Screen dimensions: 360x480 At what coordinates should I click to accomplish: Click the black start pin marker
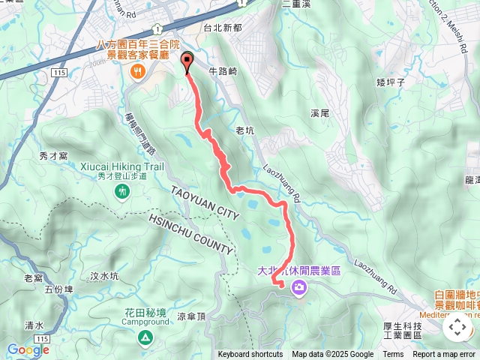pos(187,61)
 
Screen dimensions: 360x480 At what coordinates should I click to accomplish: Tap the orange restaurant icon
pos(137,72)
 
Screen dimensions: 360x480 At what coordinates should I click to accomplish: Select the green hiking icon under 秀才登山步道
pos(123,193)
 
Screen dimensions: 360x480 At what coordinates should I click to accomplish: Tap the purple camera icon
pos(299,287)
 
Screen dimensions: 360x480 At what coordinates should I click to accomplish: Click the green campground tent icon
pos(144,340)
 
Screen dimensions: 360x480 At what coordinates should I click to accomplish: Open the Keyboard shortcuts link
pos(250,355)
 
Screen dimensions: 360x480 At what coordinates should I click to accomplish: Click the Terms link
pos(393,355)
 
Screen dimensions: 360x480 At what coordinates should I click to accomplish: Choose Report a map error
pos(444,355)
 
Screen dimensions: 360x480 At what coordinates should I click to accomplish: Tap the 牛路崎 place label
pos(223,71)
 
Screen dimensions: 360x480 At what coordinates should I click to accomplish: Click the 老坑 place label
pos(245,130)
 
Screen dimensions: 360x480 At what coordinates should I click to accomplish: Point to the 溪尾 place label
pos(320,113)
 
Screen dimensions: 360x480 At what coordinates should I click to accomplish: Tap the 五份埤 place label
pos(58,288)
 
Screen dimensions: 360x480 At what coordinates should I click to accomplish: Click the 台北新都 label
pos(222,27)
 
